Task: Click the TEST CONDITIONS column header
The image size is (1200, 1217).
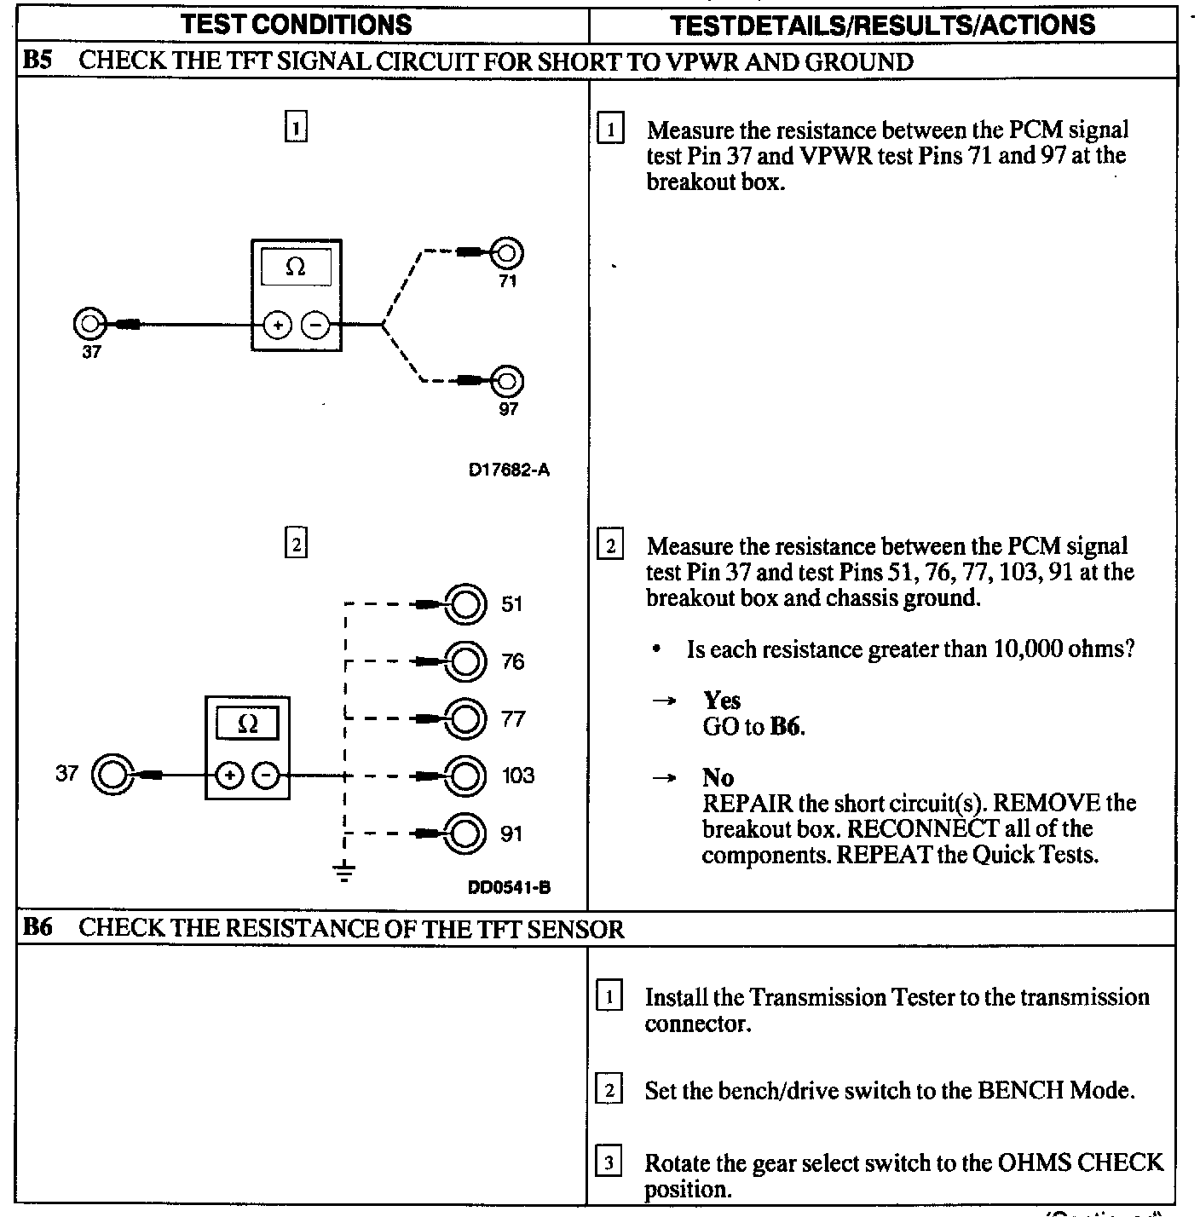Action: [x=297, y=24]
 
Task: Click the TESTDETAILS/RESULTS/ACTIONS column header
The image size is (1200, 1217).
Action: [x=882, y=24]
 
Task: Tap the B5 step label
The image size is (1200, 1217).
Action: [x=37, y=61]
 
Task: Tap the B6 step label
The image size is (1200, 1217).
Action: [x=37, y=928]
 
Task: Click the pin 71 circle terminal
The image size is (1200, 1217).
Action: [x=507, y=253]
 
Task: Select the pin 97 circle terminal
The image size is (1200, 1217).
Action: [x=508, y=380]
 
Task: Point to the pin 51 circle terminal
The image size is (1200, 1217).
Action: [x=466, y=604]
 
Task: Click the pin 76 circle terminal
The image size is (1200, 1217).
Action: [x=466, y=661]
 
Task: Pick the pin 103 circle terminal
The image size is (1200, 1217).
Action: [x=466, y=776]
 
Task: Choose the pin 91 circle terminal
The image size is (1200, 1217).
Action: [x=466, y=833]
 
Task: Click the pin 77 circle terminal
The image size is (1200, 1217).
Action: [x=466, y=718]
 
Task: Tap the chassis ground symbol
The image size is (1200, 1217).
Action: [x=344, y=872]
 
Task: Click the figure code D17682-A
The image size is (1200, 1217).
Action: [x=509, y=470]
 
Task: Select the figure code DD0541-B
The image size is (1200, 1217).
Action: [x=509, y=888]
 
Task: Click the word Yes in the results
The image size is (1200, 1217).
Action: [x=722, y=701]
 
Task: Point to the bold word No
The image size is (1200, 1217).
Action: [x=718, y=777]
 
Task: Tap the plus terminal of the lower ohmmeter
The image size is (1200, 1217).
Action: [x=229, y=776]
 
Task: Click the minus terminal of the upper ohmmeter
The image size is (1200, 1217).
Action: [x=315, y=325]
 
